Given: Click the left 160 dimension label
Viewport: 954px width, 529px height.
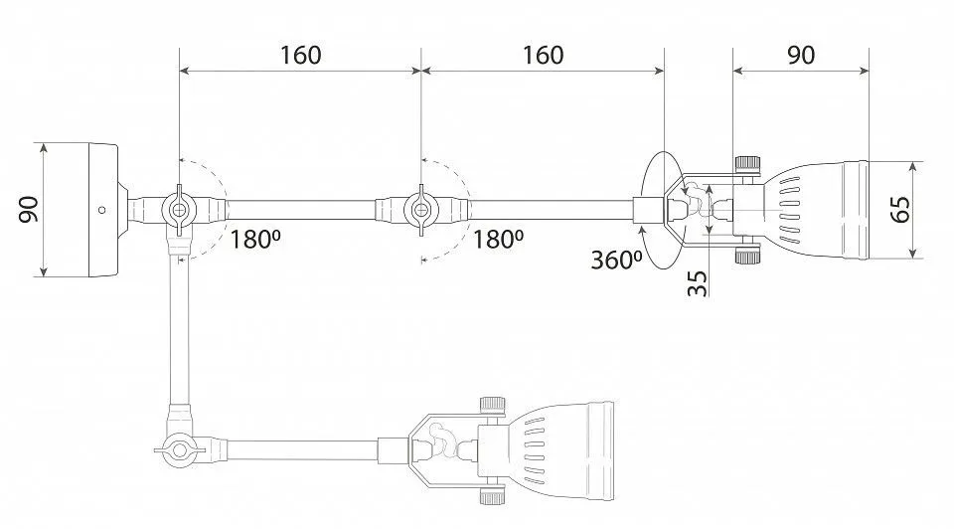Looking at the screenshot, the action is [x=300, y=55].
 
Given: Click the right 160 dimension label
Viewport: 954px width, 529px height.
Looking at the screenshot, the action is [x=544, y=55].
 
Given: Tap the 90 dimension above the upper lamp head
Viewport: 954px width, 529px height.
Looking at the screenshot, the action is [x=801, y=55].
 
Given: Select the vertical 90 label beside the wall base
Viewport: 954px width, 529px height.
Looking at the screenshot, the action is [x=29, y=210].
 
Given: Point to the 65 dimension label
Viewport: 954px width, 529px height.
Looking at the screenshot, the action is [x=900, y=210].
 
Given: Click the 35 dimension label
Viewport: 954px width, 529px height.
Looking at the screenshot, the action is [x=698, y=283].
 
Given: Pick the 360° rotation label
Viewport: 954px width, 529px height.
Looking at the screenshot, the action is [x=616, y=260].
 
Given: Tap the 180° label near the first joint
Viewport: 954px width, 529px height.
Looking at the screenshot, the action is [x=254, y=240].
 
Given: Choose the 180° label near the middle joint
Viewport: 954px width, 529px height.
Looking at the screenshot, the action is [x=498, y=240].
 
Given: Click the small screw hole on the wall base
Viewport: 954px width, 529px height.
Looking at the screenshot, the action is [x=101, y=210].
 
